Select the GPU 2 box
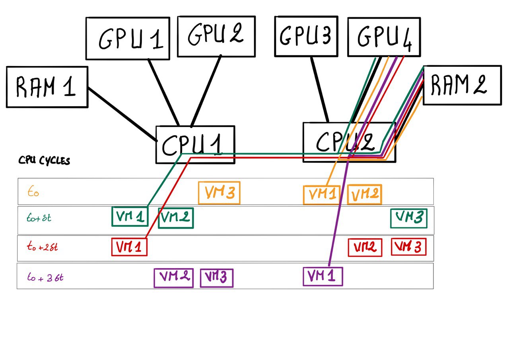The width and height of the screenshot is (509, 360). click(216, 36)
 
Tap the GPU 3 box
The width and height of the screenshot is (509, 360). click(306, 36)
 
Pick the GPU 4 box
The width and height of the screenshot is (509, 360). click(384, 37)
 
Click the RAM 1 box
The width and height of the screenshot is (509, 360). click(47, 87)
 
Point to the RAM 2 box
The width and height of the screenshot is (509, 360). click(462, 85)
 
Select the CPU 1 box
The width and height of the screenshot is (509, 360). click(195, 145)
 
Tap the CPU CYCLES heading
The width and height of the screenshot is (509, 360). click(44, 161)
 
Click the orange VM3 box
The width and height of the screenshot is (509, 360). click(219, 193)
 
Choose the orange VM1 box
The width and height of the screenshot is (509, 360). click(321, 195)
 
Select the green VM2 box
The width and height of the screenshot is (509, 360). click(176, 218)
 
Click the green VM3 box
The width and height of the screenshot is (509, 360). click(409, 218)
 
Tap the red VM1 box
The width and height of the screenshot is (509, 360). click(129, 247)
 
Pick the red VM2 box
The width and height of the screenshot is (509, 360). click(365, 247)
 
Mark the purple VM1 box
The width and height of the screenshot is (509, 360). click(322, 276)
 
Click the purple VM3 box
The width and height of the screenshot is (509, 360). click(216, 278)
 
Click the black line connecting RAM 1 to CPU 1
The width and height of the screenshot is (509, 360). click(121, 114)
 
